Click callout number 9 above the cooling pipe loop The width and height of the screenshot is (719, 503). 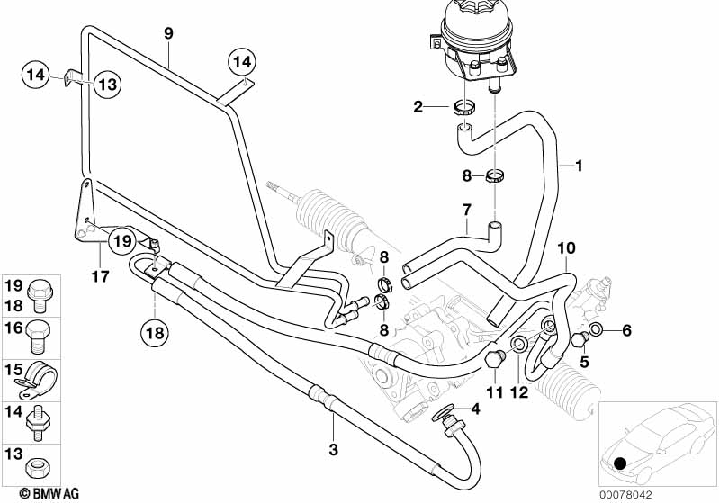tap(167, 33)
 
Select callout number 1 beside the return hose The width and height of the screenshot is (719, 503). tap(580, 166)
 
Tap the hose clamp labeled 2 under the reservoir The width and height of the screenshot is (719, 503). tap(464, 109)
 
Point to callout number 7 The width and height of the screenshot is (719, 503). tap(467, 211)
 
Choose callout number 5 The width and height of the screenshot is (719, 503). tap(584, 363)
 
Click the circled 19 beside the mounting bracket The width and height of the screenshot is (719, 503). tap(121, 240)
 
